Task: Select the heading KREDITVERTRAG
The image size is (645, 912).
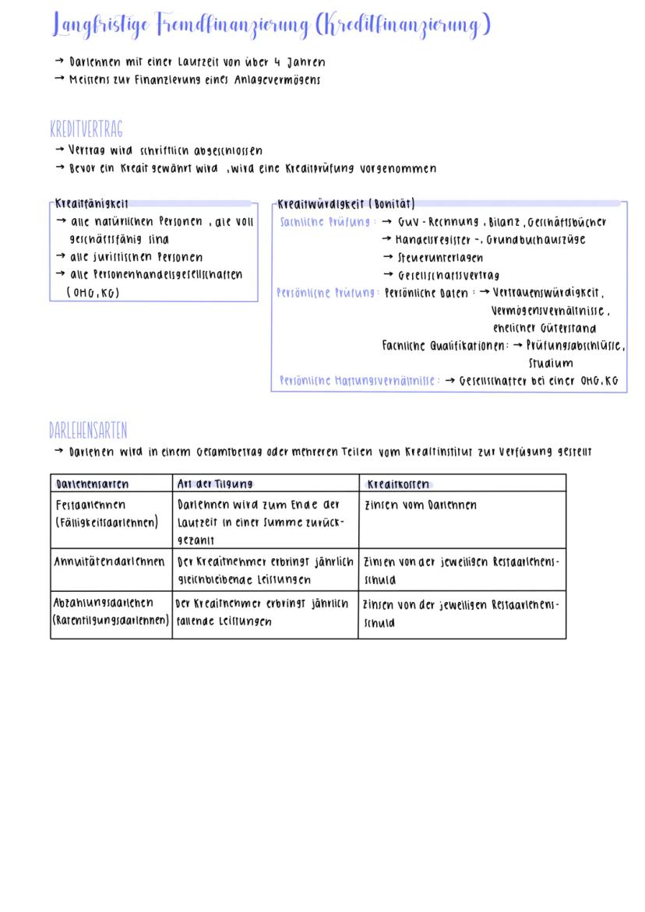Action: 86,129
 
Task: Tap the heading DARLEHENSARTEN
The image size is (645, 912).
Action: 88,430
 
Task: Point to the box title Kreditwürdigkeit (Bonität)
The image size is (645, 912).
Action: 347,204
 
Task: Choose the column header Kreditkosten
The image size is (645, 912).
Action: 399,483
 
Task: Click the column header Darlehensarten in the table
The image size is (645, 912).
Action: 91,483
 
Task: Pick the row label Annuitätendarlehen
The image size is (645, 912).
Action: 109,561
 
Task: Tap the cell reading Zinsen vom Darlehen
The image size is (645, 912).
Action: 421,505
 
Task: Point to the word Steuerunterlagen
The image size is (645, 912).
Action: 439,257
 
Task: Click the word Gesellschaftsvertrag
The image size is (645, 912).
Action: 449,275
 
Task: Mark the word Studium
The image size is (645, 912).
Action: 551,363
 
